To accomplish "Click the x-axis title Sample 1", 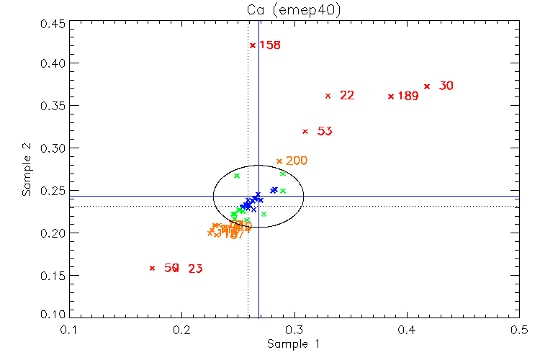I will click(x=293, y=344).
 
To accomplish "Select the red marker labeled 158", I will click(x=253, y=45).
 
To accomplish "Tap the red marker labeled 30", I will click(x=427, y=86).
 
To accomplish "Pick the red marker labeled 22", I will click(x=328, y=96).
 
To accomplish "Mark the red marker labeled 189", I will click(x=391, y=96).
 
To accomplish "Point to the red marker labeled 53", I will click(x=305, y=132).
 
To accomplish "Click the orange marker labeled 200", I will click(x=279, y=161).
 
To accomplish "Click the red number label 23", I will click(x=195, y=269).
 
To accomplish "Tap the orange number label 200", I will click(x=297, y=161).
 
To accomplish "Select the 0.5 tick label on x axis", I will click(x=519, y=330).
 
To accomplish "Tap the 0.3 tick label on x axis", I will click(x=294, y=330).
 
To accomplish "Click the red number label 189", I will click(x=408, y=96).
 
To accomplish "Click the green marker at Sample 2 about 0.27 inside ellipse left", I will click(x=237, y=176).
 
